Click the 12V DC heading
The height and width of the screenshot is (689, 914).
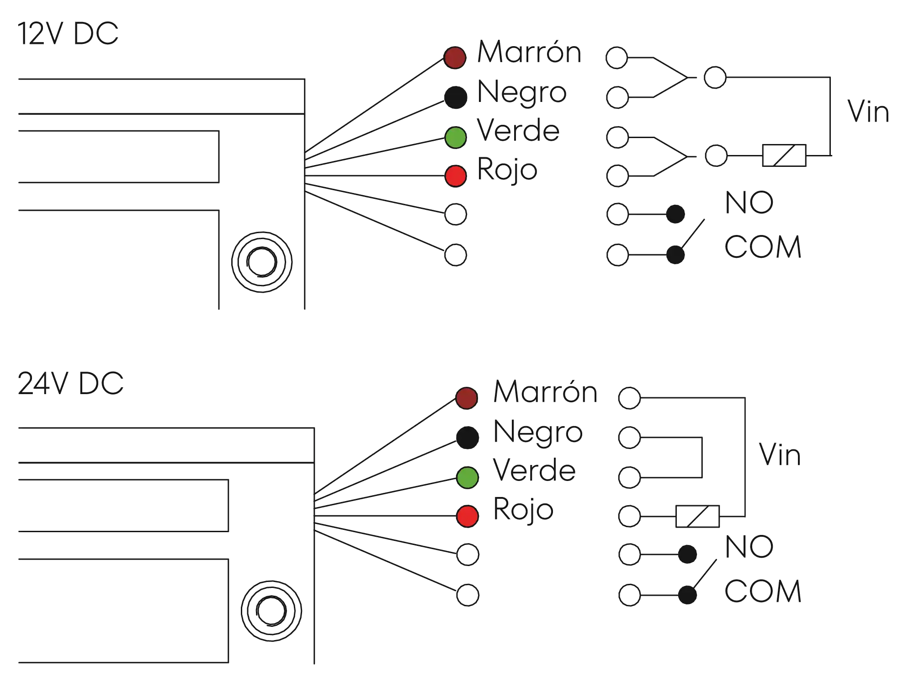(69, 34)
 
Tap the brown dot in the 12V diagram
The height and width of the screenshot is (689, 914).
(455, 58)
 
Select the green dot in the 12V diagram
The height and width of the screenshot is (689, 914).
(455, 137)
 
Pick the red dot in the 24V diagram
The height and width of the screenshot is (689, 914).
(467, 516)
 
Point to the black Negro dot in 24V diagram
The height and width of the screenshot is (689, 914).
(467, 437)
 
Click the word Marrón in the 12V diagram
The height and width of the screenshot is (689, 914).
(529, 51)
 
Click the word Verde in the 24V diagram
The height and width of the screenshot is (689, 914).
(534, 471)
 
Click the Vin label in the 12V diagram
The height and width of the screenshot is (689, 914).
(868, 112)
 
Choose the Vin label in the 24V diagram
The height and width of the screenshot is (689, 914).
(779, 455)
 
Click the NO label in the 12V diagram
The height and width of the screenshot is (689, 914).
(749, 203)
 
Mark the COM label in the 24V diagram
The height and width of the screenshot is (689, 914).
(762, 591)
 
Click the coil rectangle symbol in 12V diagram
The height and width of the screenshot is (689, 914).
(784, 155)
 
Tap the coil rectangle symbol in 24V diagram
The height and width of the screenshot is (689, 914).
(696, 517)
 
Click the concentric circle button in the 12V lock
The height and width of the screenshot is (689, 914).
(261, 262)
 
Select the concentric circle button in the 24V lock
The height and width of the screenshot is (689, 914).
(271, 610)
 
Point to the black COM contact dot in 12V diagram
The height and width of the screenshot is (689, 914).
(675, 255)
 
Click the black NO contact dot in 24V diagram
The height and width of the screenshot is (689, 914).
(687, 555)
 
